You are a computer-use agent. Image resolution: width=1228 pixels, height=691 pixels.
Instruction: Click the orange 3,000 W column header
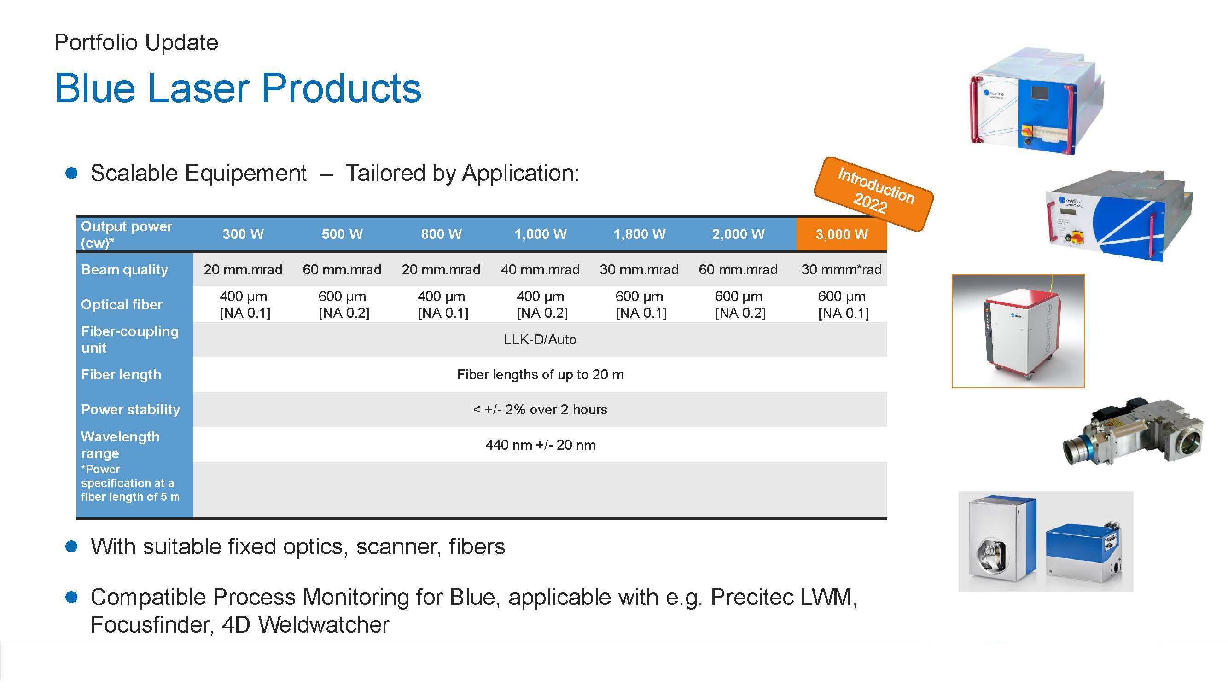tap(841, 234)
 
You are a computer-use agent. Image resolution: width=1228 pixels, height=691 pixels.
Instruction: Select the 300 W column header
tap(243, 234)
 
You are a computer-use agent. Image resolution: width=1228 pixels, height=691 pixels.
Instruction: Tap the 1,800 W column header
tap(639, 234)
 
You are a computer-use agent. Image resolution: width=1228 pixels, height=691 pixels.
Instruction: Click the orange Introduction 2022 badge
tap(873, 193)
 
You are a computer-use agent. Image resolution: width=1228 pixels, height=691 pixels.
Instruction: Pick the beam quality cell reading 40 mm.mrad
tap(540, 270)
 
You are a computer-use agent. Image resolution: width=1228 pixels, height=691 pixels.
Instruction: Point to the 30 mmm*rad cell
tap(841, 270)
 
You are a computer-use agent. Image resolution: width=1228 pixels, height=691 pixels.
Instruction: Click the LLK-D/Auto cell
tap(540, 340)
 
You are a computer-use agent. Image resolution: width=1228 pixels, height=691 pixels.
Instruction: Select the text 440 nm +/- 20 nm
tap(540, 445)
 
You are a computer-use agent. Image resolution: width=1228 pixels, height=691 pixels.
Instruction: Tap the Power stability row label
tap(130, 409)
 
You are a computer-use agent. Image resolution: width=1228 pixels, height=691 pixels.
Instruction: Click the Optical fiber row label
tap(122, 304)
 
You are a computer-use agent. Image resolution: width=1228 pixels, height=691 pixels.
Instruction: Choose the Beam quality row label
tap(124, 270)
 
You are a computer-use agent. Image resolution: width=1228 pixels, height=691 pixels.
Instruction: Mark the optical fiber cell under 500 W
tap(343, 304)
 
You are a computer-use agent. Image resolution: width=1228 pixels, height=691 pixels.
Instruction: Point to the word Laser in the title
tap(198, 88)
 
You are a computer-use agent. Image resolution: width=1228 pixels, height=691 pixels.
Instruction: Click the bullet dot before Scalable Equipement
tap(71, 173)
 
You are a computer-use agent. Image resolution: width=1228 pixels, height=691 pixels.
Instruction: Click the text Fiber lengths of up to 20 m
tap(540, 375)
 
